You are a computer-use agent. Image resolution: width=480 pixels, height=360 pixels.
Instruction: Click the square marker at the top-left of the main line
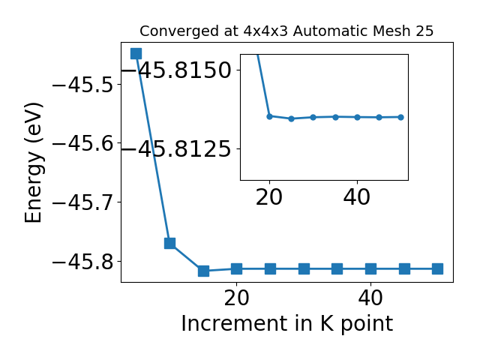click(136, 53)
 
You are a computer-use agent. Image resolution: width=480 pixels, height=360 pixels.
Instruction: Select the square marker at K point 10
click(170, 243)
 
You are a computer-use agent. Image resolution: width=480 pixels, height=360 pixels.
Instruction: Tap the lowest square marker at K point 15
click(203, 271)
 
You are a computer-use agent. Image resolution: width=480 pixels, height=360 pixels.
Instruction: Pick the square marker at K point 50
click(438, 269)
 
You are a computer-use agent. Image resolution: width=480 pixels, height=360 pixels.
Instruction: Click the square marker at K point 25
click(270, 269)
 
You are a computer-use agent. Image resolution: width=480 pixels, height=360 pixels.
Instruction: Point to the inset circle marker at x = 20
click(270, 116)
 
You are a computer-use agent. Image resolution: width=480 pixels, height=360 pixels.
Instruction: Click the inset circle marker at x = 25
click(292, 118)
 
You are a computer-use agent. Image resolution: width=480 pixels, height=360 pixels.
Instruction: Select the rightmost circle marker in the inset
click(401, 117)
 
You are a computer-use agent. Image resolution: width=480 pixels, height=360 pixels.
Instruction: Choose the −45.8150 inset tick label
click(177, 70)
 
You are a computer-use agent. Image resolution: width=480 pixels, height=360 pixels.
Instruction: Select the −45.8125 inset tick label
click(177, 149)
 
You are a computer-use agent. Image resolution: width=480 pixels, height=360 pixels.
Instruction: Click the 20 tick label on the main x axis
click(236, 298)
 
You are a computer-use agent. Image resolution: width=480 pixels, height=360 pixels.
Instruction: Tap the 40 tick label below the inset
click(357, 196)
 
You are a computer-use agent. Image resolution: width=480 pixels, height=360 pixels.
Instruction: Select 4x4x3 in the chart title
click(265, 31)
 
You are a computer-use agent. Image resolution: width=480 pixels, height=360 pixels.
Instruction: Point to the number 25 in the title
click(424, 31)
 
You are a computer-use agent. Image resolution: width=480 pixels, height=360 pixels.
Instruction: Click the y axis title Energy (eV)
click(34, 163)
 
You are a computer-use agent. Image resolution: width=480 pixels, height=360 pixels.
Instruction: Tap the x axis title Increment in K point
click(287, 323)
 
